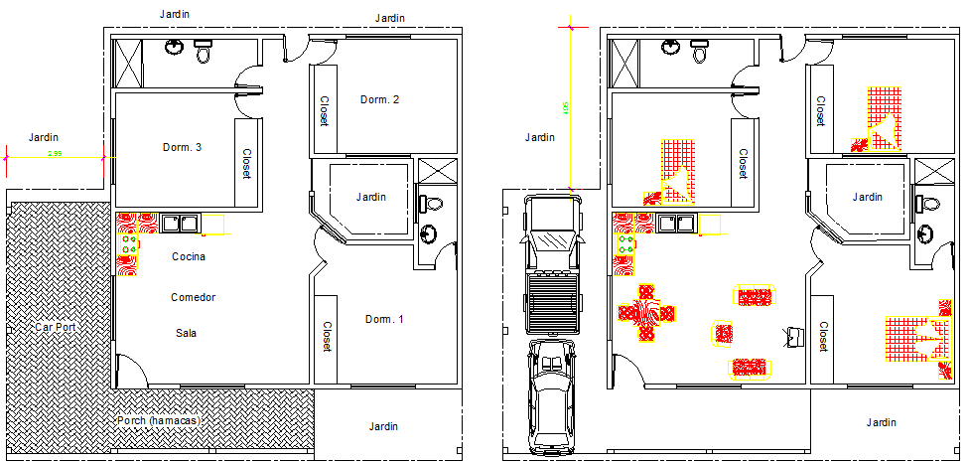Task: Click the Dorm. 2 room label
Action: click(380, 99)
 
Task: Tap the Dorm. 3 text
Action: click(182, 147)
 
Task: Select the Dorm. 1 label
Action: click(384, 319)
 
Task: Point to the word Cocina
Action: click(188, 257)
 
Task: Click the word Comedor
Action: click(193, 297)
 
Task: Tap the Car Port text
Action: click(56, 326)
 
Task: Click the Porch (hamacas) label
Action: click(159, 420)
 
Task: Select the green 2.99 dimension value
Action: click(57, 154)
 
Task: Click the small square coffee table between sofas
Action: click(724, 333)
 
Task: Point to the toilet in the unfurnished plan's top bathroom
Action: click(204, 52)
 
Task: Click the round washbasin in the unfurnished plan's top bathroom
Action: click(174, 46)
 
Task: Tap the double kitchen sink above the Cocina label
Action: click(180, 222)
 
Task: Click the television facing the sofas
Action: click(793, 335)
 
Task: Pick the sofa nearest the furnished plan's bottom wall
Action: click(754, 368)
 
